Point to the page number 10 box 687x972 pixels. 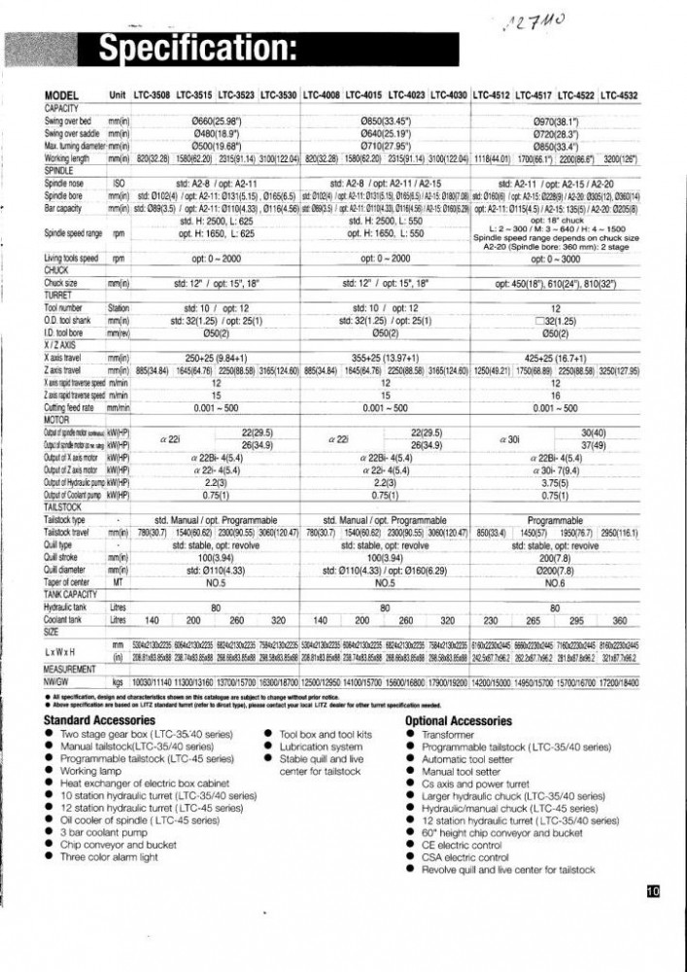click(x=652, y=889)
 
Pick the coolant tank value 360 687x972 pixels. click(x=619, y=620)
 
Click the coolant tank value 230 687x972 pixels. click(x=491, y=620)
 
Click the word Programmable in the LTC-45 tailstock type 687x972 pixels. click(x=556, y=520)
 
